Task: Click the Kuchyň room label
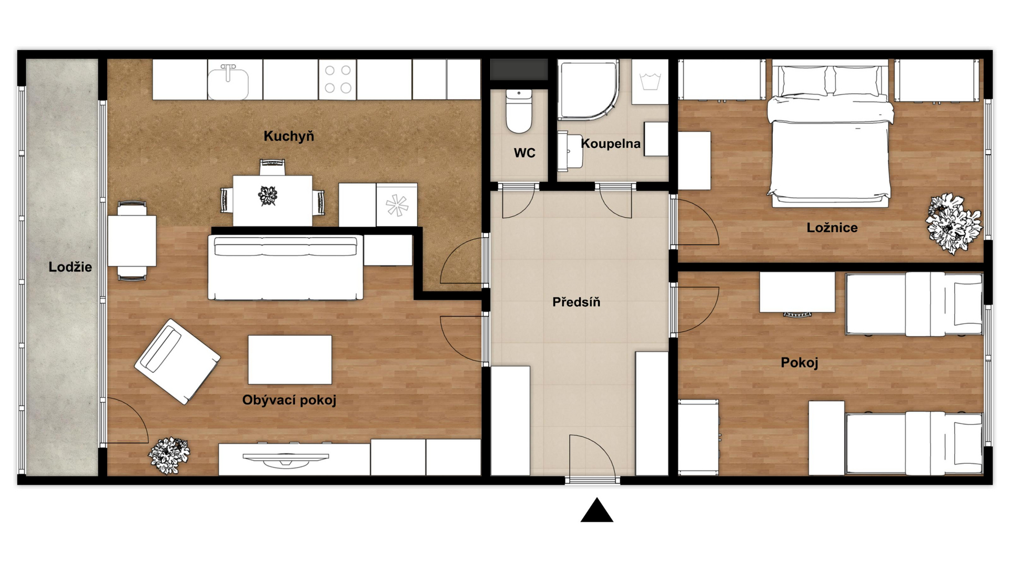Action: click(289, 136)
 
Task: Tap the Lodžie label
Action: click(70, 267)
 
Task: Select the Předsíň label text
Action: click(576, 302)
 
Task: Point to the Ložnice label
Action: click(832, 228)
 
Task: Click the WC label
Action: click(524, 153)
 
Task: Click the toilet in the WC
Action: click(519, 111)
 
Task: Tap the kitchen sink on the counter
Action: click(228, 82)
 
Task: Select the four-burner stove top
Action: click(338, 79)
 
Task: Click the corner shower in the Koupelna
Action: click(588, 90)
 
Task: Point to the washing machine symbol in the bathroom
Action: click(650, 82)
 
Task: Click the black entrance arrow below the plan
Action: click(597, 510)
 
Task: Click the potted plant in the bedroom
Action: click(954, 223)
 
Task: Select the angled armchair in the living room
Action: click(177, 361)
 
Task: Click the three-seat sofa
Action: click(286, 268)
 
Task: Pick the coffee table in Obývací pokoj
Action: click(290, 360)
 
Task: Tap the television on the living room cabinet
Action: click(286, 460)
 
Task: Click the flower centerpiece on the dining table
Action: click(268, 196)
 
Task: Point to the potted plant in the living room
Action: click(169, 455)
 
